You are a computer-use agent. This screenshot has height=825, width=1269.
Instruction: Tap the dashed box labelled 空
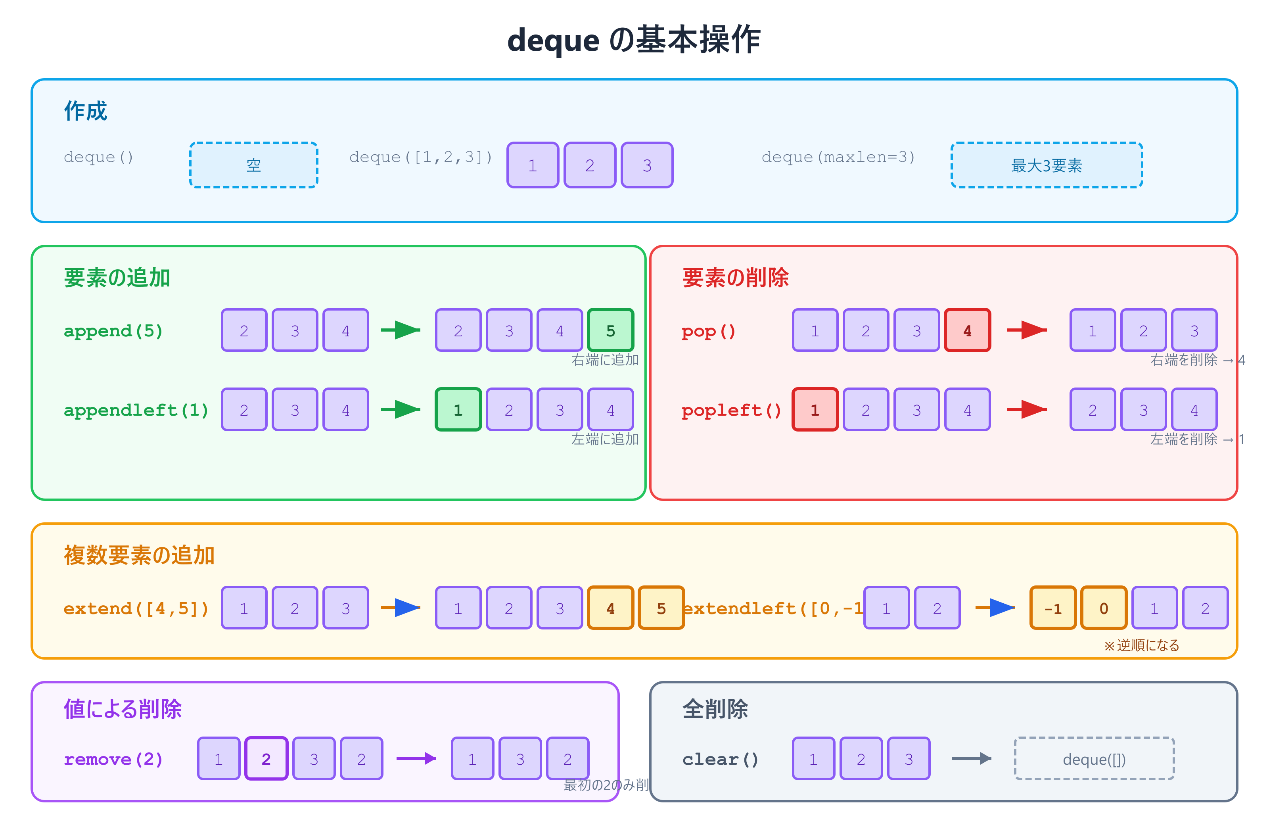coord(254,165)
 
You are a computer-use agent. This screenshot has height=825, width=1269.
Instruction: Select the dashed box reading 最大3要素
coord(1046,165)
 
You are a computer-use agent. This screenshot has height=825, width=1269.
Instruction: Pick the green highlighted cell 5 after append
coord(610,330)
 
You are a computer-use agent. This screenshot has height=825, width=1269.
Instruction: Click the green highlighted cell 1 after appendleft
coord(458,409)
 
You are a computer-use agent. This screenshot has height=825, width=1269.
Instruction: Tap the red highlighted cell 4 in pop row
coord(967,330)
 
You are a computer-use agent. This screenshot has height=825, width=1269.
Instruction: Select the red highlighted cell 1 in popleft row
coord(815,409)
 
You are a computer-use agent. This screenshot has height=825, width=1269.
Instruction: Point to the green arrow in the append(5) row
coord(401,330)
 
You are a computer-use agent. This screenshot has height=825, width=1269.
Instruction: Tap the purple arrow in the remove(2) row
coord(416,758)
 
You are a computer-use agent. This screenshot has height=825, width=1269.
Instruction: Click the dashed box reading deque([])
coord(1094,758)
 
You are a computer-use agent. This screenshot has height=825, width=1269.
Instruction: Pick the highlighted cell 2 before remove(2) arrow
coord(266,758)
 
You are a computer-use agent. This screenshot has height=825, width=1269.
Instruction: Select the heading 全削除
coord(715,709)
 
